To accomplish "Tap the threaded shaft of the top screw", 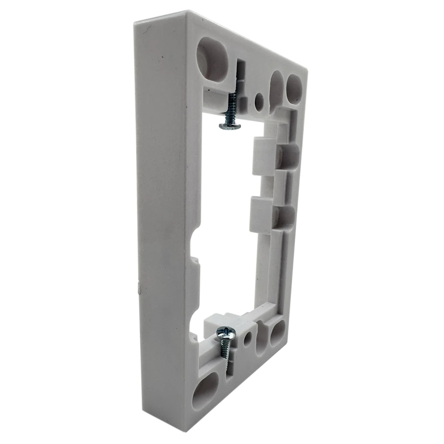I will [x=232, y=107].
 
